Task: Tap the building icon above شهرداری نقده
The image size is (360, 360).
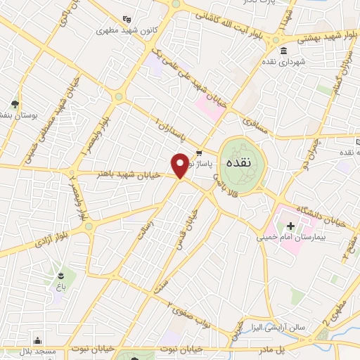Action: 283,51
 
